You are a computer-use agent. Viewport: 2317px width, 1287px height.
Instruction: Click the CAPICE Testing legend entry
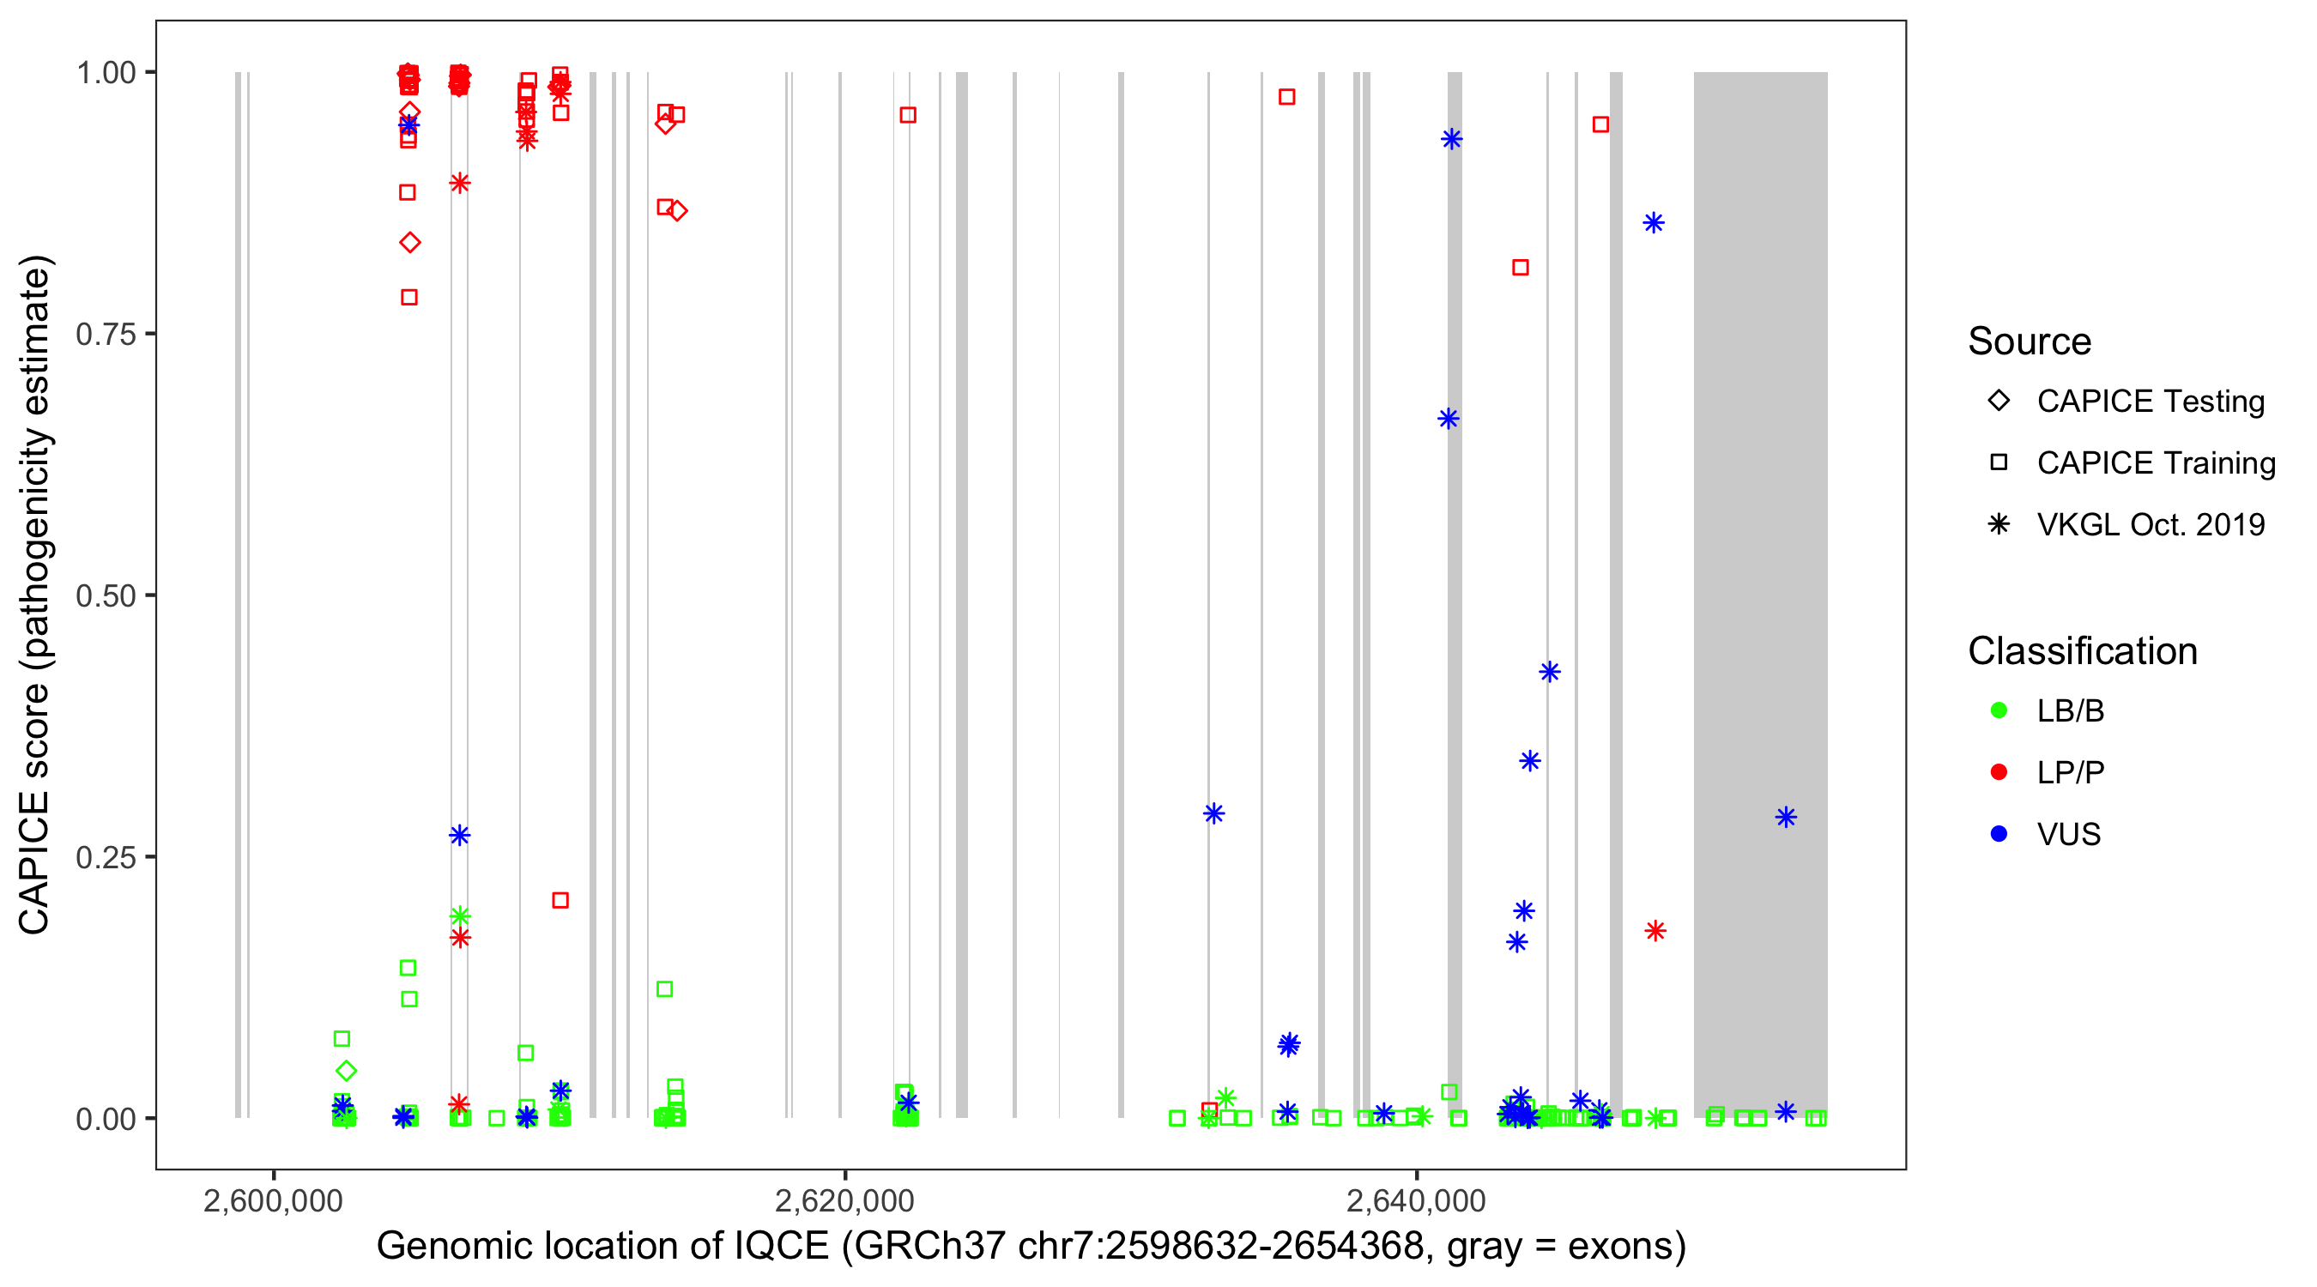[x=2150, y=402]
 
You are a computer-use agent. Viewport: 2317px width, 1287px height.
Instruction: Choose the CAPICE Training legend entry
[x=2155, y=463]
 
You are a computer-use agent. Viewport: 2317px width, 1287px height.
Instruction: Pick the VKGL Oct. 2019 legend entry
[x=2150, y=524]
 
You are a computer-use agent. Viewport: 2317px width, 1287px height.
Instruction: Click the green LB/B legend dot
[x=1999, y=710]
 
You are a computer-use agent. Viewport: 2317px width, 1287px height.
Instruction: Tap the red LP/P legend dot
[x=1999, y=772]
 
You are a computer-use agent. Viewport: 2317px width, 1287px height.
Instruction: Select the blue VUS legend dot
[x=1999, y=834]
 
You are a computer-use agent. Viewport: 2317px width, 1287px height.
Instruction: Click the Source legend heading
[x=2030, y=341]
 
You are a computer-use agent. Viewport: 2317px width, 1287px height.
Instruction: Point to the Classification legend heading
[x=2082, y=651]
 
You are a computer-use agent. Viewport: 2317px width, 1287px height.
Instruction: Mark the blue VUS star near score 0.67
[x=1449, y=418]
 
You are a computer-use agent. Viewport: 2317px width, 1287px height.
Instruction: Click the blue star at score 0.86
[x=1653, y=223]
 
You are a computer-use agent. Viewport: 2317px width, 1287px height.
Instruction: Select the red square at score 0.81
[x=1520, y=267]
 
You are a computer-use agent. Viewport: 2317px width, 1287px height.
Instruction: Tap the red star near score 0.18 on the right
[x=1655, y=931]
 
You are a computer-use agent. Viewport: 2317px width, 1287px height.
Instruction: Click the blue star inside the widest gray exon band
[x=1786, y=817]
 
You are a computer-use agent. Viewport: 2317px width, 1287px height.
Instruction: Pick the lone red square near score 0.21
[x=560, y=900]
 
